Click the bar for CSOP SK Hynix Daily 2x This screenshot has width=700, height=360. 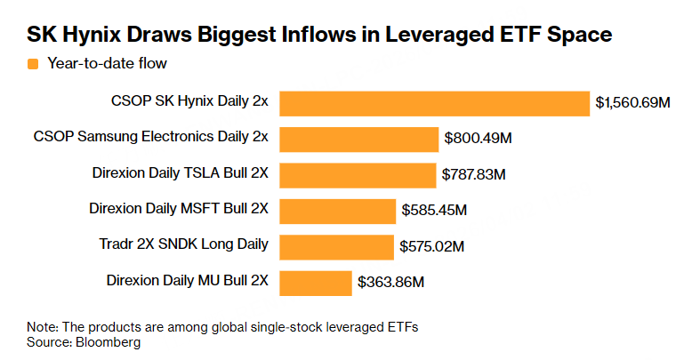[435, 103]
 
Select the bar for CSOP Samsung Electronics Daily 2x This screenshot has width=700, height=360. [359, 139]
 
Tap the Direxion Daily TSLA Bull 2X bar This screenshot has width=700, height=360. [357, 174]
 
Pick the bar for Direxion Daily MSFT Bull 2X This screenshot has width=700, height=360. [337, 211]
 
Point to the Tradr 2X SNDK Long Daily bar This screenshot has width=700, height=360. [336, 246]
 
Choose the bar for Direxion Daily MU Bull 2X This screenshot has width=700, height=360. [316, 283]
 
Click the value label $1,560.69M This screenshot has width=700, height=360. [632, 103]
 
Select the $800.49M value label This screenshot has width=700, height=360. [478, 139]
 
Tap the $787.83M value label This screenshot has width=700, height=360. [473, 174]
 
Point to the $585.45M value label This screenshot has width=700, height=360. [434, 211]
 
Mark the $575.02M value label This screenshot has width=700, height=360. [432, 246]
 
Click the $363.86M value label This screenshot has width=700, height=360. [390, 283]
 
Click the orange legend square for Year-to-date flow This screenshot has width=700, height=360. [33, 63]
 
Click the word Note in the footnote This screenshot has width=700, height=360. [42, 327]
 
